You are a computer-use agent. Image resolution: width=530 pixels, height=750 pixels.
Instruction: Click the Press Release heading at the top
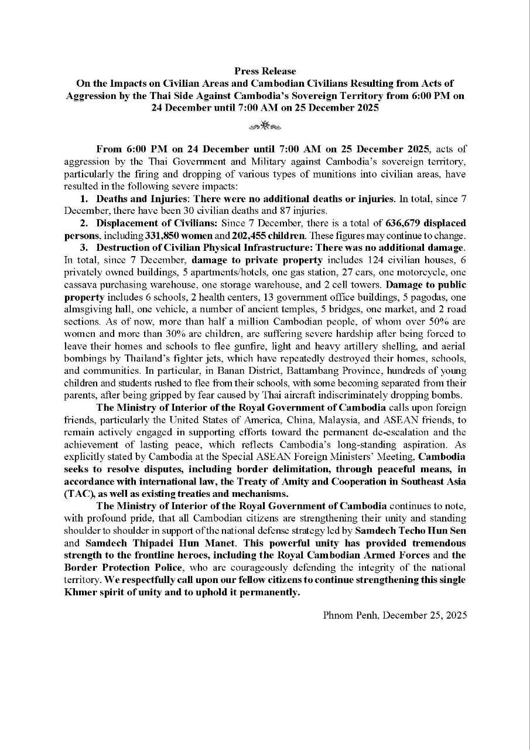265,71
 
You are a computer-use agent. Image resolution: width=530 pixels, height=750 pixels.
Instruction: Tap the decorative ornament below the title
265,125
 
